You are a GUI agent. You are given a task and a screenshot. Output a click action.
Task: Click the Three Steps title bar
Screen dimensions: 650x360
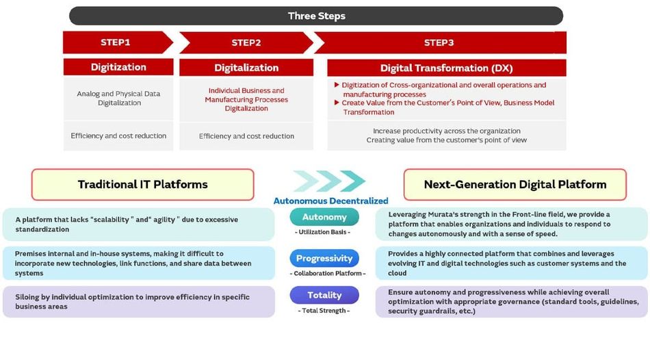coord(316,16)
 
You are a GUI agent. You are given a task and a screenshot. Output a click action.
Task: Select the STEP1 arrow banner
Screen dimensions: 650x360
coord(117,42)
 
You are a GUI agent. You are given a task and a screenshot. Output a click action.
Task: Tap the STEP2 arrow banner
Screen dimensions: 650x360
coord(246,42)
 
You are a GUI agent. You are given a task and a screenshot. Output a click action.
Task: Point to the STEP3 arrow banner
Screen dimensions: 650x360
coord(439,42)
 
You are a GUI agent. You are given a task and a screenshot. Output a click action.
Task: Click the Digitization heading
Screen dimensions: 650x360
coord(118,67)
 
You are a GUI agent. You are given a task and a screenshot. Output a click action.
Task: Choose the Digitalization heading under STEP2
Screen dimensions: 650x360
coord(246,68)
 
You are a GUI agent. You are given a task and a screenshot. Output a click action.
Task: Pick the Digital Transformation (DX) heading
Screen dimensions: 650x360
coord(447,68)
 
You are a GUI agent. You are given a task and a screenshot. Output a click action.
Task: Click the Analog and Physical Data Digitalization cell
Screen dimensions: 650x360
coord(118,99)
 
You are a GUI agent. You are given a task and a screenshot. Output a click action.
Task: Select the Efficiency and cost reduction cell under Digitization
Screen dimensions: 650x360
coord(118,136)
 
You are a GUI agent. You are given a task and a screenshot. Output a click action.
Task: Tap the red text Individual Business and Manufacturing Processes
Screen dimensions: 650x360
coord(246,95)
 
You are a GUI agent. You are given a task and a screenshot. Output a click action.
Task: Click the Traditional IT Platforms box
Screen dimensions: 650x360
coord(142,185)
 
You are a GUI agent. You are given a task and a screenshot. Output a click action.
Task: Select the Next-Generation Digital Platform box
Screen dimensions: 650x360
coord(515,185)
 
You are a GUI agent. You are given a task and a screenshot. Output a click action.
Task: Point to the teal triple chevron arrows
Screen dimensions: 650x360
coord(330,181)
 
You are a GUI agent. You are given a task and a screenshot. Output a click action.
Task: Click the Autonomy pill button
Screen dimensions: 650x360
coord(324,217)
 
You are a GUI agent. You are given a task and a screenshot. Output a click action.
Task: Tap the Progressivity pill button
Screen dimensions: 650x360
coord(324,258)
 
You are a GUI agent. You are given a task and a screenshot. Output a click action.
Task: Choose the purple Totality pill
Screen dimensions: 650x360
coord(324,295)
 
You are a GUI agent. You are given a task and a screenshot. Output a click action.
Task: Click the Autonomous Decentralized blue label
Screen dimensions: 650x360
coord(330,201)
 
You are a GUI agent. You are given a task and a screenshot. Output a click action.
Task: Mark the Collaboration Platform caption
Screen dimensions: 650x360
coord(328,273)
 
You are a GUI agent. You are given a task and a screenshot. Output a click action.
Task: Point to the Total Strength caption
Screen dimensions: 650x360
coord(324,310)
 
